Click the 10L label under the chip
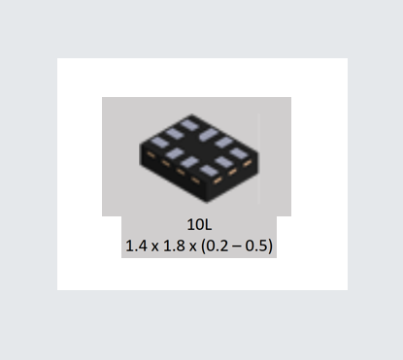199,224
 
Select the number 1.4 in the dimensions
136,245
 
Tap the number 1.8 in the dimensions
174,245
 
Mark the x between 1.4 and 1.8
155,247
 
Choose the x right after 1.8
193,247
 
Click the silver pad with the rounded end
209,135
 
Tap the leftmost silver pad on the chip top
158,143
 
